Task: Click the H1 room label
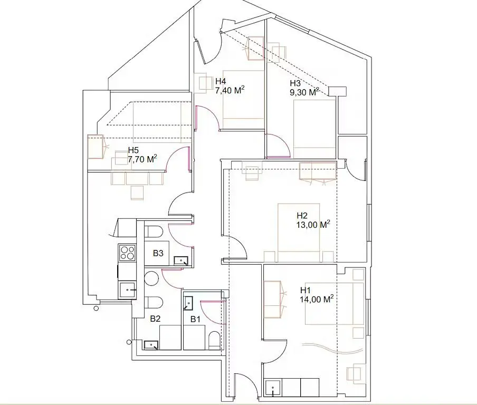pyautogui.click(x=306, y=291)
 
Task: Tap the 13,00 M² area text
pyautogui.click(x=313, y=224)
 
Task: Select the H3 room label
pyautogui.click(x=295, y=83)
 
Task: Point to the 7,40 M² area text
pyautogui.click(x=229, y=90)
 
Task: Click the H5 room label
pyautogui.click(x=134, y=150)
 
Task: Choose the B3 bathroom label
pyautogui.click(x=158, y=254)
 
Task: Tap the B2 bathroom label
pyautogui.click(x=155, y=319)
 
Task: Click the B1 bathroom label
pyautogui.click(x=196, y=319)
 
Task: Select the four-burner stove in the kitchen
pyautogui.click(x=127, y=253)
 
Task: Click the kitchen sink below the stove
pyautogui.click(x=128, y=290)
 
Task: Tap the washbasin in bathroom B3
pyautogui.click(x=182, y=259)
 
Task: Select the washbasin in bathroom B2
pyautogui.click(x=151, y=344)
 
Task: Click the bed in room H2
pyautogui.click(x=298, y=232)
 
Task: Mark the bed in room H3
pyautogui.click(x=314, y=126)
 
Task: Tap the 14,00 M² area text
pyautogui.click(x=317, y=299)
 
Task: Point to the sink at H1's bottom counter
pyautogui.click(x=273, y=388)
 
